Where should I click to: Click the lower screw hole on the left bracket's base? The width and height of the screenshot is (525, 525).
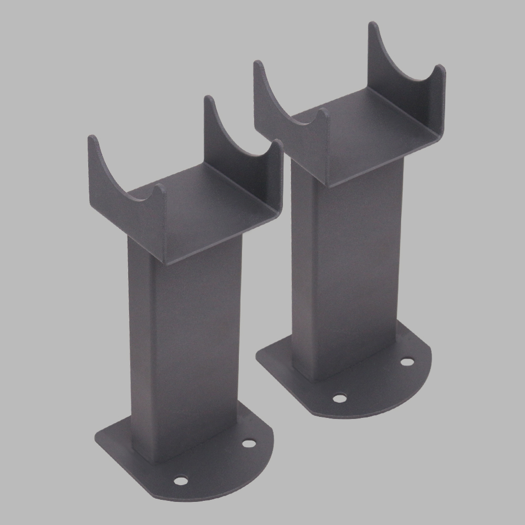pyautogui.click(x=181, y=479)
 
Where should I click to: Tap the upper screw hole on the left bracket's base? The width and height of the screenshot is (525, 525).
pyautogui.click(x=249, y=443)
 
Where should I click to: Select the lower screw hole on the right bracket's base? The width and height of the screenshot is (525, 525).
pyautogui.click(x=340, y=398)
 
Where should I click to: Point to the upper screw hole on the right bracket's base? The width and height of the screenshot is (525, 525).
pyautogui.click(x=407, y=361)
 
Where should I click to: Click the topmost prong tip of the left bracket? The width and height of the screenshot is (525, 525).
pyautogui.click(x=208, y=99)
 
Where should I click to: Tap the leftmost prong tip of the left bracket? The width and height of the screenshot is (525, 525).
pyautogui.click(x=92, y=139)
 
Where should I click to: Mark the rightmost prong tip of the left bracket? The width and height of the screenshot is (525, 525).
pyautogui.click(x=278, y=143)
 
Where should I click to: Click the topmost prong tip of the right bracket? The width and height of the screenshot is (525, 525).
pyautogui.click(x=372, y=25)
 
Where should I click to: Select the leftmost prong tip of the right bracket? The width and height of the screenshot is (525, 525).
pyautogui.click(x=258, y=64)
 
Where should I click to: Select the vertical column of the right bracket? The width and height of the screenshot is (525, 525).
pyautogui.click(x=346, y=273)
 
